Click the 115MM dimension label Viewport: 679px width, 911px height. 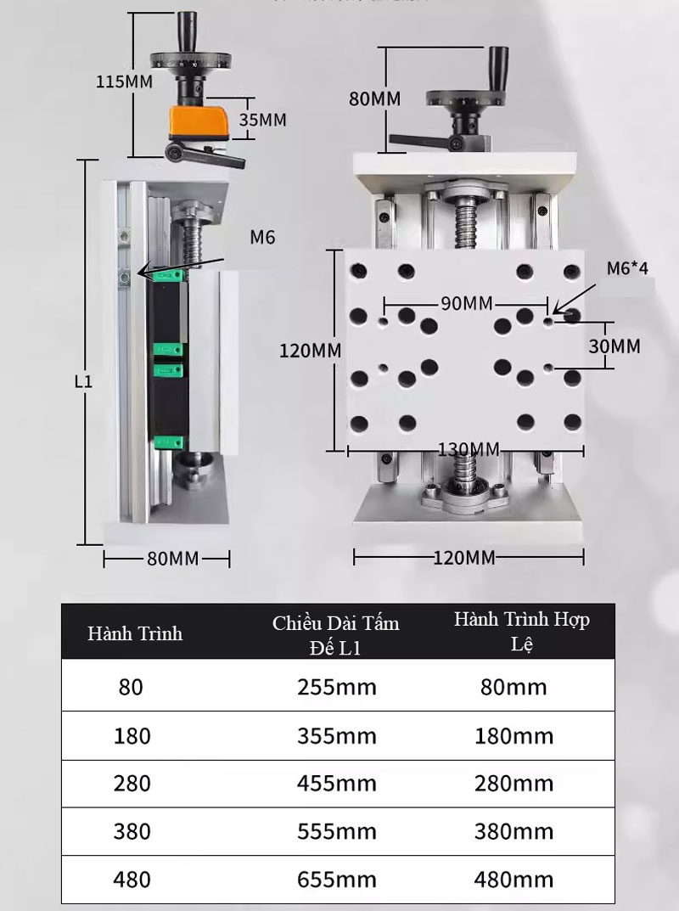click(124, 82)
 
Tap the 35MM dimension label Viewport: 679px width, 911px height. click(262, 120)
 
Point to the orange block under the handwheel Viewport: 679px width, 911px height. click(199, 122)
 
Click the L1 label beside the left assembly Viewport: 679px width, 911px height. click(84, 381)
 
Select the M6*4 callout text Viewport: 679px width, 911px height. click(627, 267)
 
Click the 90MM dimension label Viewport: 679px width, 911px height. click(467, 303)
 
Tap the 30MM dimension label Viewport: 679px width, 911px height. click(614, 346)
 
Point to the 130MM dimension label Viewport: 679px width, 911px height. click(469, 449)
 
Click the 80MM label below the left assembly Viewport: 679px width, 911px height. click(172, 559)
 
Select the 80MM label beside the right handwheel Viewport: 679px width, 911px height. click(374, 98)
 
